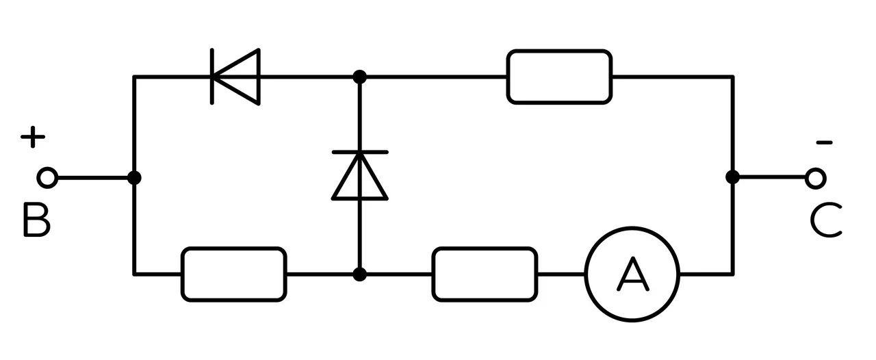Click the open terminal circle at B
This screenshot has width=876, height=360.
point(48,178)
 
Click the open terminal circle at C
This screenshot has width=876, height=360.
point(815,179)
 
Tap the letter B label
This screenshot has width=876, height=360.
point(37,220)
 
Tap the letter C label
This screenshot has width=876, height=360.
point(825,220)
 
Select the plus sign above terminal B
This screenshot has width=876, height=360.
point(33,137)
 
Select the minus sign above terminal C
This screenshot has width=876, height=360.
point(824,143)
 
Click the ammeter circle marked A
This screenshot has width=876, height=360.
point(632,274)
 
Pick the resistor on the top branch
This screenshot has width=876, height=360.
point(559,77)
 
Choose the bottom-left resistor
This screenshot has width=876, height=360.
point(234,274)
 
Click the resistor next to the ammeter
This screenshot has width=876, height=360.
point(485,274)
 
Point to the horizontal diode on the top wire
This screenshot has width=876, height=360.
point(235,77)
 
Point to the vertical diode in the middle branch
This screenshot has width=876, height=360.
point(360,175)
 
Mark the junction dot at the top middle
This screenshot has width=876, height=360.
point(360,77)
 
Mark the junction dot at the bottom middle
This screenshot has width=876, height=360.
point(360,274)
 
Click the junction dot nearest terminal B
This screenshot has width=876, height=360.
point(134,178)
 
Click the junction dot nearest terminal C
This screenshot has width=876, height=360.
point(732,177)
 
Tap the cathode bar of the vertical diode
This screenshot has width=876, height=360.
point(360,152)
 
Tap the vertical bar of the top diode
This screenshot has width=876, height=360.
point(212,77)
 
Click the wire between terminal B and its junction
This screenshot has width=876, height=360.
point(92,178)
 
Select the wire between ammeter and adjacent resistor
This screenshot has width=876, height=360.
point(561,274)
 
